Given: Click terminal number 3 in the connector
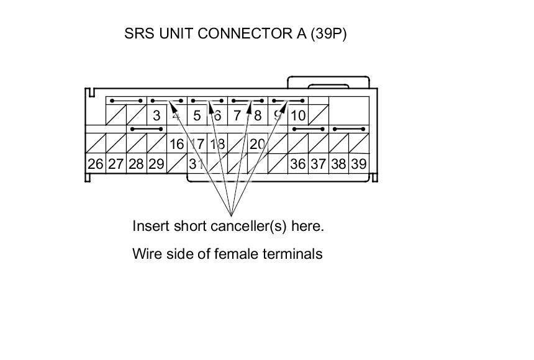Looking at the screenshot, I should [156, 115].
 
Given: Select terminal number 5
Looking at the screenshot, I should [197, 115].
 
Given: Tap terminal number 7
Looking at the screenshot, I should [237, 115].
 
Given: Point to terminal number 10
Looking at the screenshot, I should [298, 115].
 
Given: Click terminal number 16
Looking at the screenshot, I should [176, 144].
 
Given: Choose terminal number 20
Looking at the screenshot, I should [257, 144].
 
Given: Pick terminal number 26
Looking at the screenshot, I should [95, 164].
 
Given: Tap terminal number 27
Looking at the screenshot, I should [115, 164].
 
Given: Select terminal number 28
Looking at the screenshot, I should [136, 164].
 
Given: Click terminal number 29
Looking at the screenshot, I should [156, 164].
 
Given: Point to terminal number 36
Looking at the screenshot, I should [298, 164].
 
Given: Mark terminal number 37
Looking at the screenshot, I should [318, 164].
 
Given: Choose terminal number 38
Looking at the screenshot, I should [338, 164].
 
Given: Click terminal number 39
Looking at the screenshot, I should [358, 164].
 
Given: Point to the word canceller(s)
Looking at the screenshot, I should [248, 226].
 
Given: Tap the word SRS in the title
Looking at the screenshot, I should [137, 34].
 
